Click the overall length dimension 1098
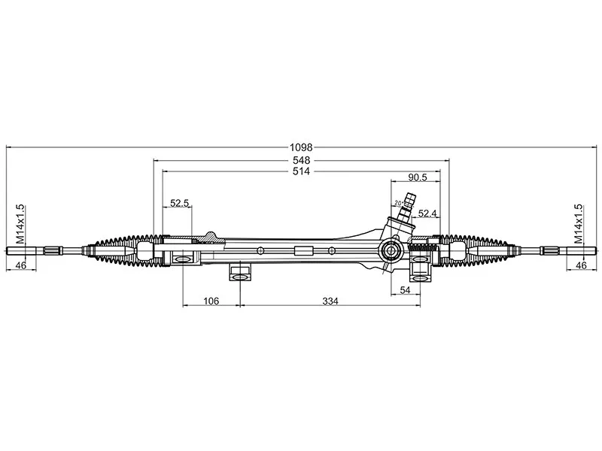coord(301,147)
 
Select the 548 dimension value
coord(301,161)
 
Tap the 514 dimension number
coord(301,172)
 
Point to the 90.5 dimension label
coord(417,178)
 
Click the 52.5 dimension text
coord(179,204)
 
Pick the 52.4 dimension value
coord(427,213)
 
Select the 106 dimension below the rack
coord(211,301)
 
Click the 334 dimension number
coord(330,301)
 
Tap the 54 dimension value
coord(404,290)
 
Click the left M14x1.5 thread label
coord(20,223)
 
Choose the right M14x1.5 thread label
coord(578,223)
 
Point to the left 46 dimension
coord(20,265)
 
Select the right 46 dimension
coord(581,265)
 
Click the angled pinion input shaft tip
coord(409,200)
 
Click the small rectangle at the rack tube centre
coord(303,251)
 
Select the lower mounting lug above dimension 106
coord(239,271)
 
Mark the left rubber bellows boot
coord(124,251)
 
